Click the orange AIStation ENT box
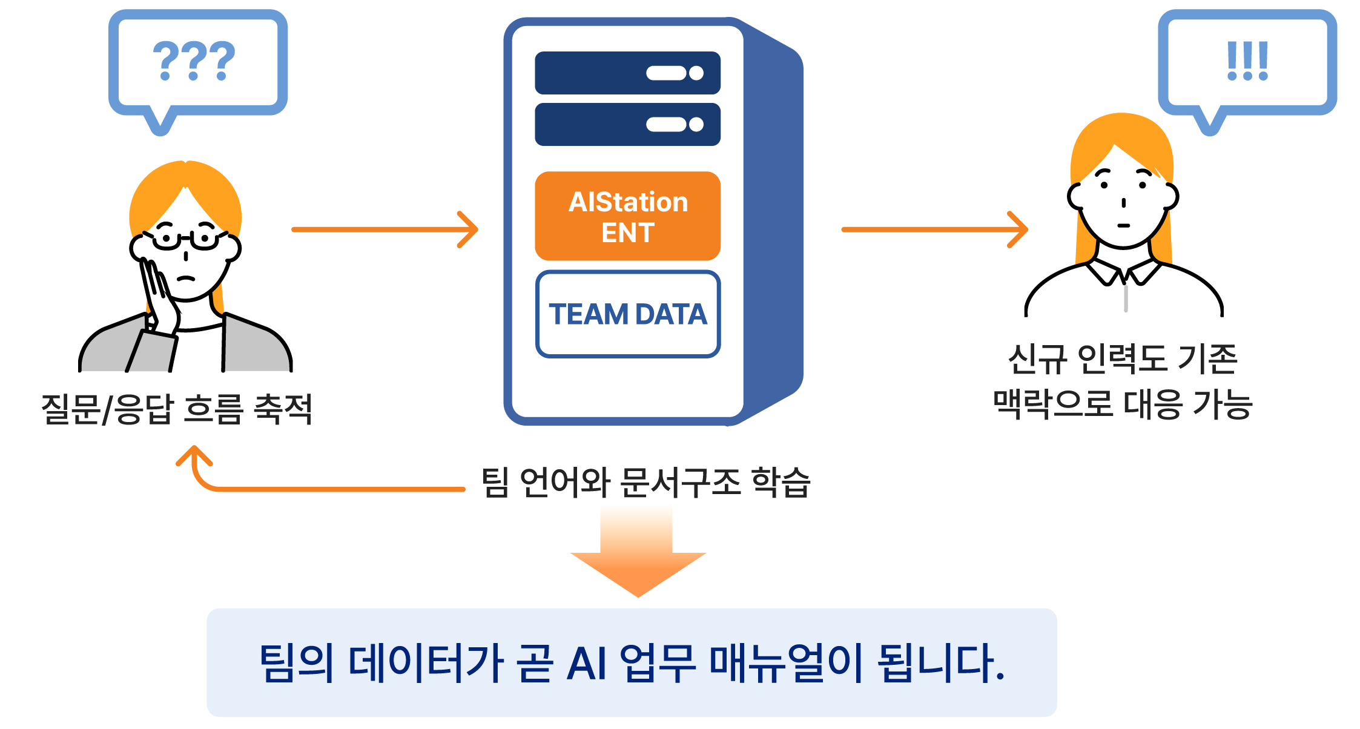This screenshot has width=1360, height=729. [627, 216]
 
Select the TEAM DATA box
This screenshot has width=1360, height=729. [627, 314]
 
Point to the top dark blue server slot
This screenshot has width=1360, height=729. [627, 73]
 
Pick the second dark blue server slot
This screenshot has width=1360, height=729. [627, 125]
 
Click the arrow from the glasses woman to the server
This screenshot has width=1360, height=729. [385, 229]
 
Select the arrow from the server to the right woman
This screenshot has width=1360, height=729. [934, 229]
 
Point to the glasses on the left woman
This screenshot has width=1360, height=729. [185, 238]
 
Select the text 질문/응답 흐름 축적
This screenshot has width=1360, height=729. [177, 409]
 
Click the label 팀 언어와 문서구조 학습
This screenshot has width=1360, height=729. [645, 483]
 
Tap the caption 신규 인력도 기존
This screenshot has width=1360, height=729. [1122, 359]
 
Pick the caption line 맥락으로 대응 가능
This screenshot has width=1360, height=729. [1122, 404]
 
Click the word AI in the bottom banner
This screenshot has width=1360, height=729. [587, 664]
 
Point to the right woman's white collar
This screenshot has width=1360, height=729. [1124, 272]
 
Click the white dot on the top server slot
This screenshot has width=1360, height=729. [696, 73]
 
